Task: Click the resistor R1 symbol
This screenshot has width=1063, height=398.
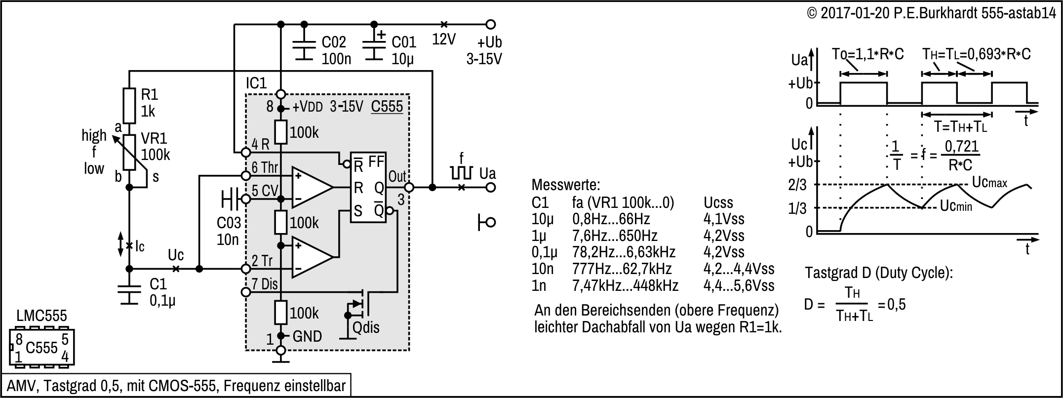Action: coord(129,106)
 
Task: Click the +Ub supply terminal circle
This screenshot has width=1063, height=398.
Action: coord(490,24)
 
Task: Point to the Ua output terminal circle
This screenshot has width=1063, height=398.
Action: coord(490,187)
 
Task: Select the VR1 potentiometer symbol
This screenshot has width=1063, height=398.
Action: coord(129,153)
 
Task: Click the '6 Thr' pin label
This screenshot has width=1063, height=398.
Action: coord(265,167)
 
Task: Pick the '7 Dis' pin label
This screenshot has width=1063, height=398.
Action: coord(265,284)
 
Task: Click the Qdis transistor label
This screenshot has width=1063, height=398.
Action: coord(366,327)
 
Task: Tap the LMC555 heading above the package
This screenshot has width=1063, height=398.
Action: coord(41,316)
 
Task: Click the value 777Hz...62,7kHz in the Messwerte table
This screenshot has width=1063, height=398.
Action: coord(622,269)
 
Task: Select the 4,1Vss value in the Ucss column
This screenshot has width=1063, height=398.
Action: coord(723,219)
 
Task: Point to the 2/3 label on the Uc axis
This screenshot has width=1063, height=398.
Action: coord(797,185)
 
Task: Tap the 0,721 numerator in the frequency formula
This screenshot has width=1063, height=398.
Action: coord(961,147)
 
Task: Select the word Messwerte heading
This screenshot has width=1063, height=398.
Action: coord(566,185)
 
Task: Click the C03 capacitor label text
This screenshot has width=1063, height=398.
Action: coord(229,223)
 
